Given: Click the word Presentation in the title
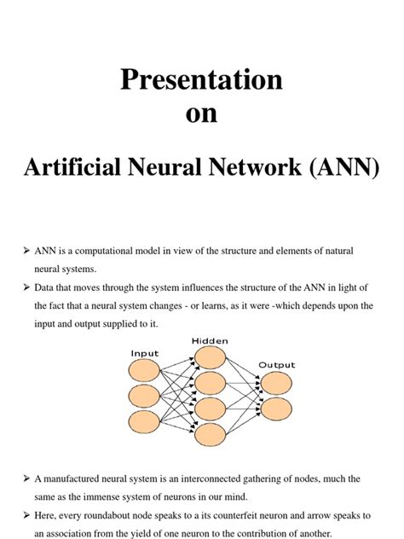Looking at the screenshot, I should point(201,80).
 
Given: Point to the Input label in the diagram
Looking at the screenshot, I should point(144,351).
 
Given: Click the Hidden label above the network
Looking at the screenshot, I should point(210,339).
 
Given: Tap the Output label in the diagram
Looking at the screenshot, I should point(276,364).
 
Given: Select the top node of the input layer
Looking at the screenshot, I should point(143,370).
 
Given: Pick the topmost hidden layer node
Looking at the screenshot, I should point(211,358).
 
